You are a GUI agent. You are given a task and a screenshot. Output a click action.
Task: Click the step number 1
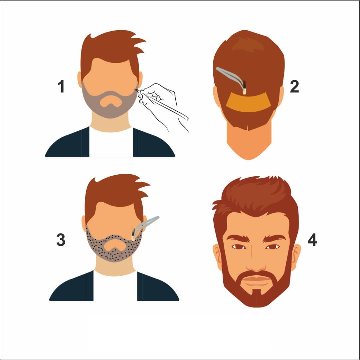[x=61, y=87]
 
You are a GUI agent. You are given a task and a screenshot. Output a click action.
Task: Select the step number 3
[x=61, y=240]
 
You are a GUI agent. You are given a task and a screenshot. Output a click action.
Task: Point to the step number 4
[x=312, y=240]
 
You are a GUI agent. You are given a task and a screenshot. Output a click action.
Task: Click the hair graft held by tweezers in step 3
[x=133, y=235]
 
